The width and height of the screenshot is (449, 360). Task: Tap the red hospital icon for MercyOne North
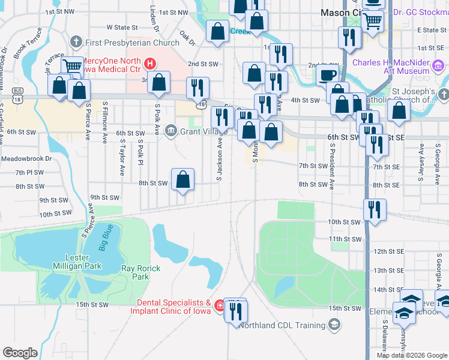[151, 62]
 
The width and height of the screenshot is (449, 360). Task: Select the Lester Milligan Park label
[82, 262]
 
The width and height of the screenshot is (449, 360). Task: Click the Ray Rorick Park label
[140, 273]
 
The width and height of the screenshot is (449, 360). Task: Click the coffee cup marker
[327, 76]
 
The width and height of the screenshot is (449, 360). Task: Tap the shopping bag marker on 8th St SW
[183, 179]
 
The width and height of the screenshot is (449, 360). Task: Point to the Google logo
[20, 352]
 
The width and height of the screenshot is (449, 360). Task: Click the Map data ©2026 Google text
[411, 355]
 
